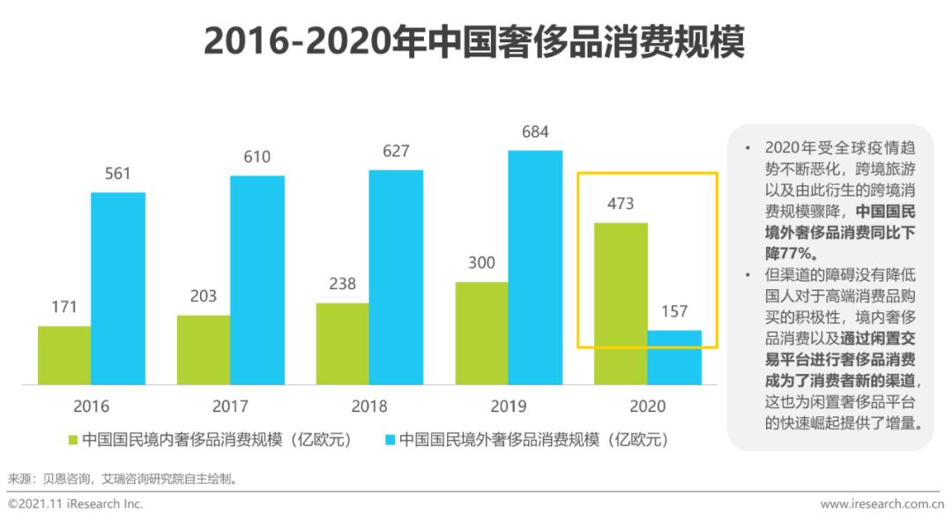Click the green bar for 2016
pos(64,355)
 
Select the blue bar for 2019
pos(535,267)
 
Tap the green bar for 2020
pos(621,303)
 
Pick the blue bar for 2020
pos(674,357)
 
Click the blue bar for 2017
pos(257,280)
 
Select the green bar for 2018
pos(342,344)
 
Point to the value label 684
pos(534,133)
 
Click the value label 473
pos(620,205)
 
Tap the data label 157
pos(673,312)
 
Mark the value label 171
pos(63,308)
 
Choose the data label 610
pos(257,158)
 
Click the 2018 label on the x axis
pos(369,407)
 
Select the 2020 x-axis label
pos(648,407)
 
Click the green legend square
pos(73,439)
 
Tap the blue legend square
pos(389,439)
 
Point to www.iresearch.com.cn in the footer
pos(881,504)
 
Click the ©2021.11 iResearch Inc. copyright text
pos(75,504)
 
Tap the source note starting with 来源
pos(123,480)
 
